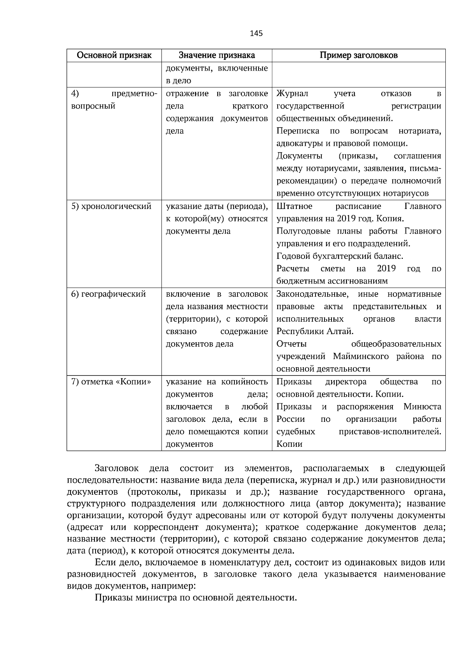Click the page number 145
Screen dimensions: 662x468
click(256, 34)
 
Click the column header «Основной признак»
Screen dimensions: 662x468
click(114, 55)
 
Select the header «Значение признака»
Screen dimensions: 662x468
click(216, 55)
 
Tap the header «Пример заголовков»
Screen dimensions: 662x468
click(358, 55)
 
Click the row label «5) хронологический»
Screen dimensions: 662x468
click(111, 206)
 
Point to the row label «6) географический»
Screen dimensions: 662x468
click(108, 294)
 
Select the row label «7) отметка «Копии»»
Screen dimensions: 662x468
click(111, 382)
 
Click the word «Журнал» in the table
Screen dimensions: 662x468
click(292, 94)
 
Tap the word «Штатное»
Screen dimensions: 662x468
click(294, 206)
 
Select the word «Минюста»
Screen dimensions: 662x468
click(422, 407)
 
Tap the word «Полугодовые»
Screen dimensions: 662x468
click(300, 231)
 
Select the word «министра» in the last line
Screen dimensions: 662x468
click(156, 598)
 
